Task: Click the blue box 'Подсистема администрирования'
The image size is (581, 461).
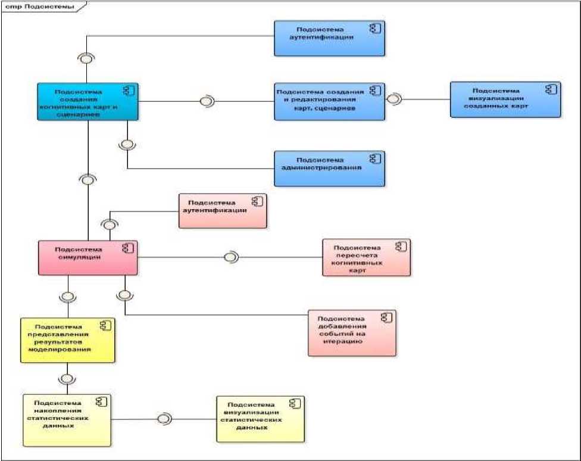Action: click(x=329, y=169)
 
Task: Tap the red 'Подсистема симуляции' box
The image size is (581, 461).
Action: click(x=88, y=257)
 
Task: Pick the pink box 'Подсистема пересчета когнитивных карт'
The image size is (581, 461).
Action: click(x=366, y=257)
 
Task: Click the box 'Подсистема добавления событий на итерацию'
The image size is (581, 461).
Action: click(x=352, y=332)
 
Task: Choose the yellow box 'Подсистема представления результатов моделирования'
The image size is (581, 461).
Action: click(x=67, y=339)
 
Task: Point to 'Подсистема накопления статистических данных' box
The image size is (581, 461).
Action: click(x=67, y=419)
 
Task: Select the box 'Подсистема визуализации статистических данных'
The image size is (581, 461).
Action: click(x=260, y=419)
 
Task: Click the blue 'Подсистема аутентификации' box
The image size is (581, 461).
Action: click(x=329, y=39)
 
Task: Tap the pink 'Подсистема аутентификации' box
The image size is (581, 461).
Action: click(x=223, y=211)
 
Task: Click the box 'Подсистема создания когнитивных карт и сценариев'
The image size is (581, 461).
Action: click(x=88, y=101)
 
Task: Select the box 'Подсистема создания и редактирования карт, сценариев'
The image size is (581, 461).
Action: click(x=329, y=101)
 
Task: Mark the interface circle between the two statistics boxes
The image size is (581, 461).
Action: click(x=164, y=419)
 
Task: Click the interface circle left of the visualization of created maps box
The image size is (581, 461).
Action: click(x=393, y=99)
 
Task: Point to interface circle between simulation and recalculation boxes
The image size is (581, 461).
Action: click(x=230, y=257)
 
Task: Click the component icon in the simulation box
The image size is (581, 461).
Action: click(x=127, y=248)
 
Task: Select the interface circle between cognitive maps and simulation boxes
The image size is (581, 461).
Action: click(x=88, y=178)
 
